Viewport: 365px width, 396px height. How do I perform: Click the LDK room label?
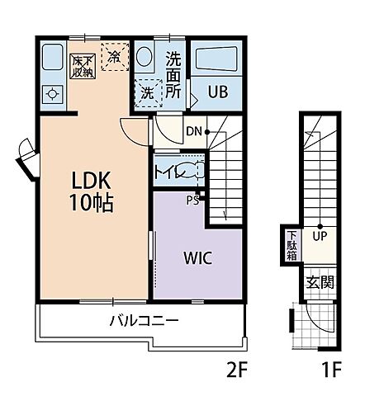pyautogui.click(x=91, y=180)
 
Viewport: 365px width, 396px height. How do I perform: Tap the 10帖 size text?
pyautogui.click(x=91, y=203)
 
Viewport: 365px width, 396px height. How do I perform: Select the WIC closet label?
pyautogui.click(x=197, y=257)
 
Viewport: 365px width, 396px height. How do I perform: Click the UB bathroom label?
pyautogui.click(x=218, y=92)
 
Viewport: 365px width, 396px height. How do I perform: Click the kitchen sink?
pyautogui.click(x=53, y=57)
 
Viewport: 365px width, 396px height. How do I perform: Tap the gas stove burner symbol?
pyautogui.click(x=52, y=94)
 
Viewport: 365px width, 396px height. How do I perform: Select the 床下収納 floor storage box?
pyautogui.click(x=83, y=66)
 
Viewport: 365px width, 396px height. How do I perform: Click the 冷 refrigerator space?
pyautogui.click(x=115, y=57)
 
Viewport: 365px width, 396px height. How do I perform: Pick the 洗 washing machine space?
pyautogui.click(x=148, y=93)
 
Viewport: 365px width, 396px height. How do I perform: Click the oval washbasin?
pyautogui.click(x=145, y=56)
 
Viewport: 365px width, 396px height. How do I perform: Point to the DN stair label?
pyautogui.click(x=194, y=131)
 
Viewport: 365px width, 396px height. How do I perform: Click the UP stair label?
pyautogui.click(x=320, y=236)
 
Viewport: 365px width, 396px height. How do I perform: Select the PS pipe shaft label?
pyautogui.click(x=192, y=200)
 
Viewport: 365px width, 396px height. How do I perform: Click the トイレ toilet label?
pyautogui.click(x=171, y=172)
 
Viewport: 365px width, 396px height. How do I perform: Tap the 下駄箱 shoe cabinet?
pyautogui.click(x=292, y=246)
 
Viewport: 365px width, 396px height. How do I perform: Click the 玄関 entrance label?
pyautogui.click(x=320, y=282)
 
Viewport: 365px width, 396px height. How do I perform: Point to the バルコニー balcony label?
pyautogui.click(x=145, y=320)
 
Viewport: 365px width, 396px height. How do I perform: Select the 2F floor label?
pyautogui.click(x=237, y=370)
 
